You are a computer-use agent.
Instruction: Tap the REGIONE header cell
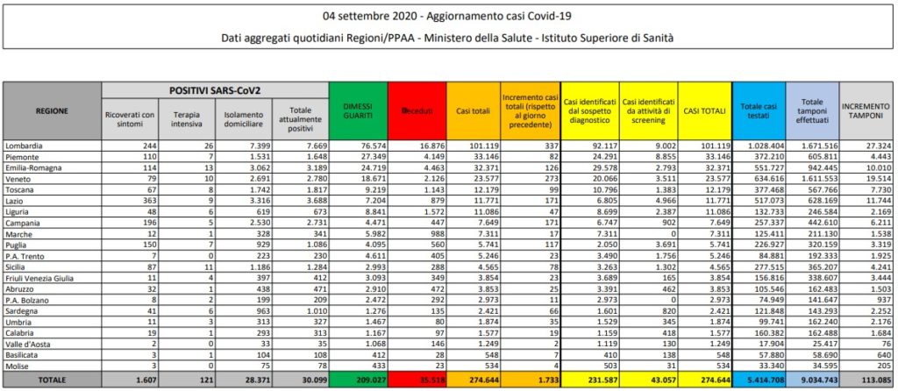tap(53, 110)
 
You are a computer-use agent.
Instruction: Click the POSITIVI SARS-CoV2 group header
tap(214, 90)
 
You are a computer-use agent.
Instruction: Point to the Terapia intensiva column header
tap(186, 118)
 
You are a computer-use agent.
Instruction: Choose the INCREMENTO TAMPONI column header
tap(866, 110)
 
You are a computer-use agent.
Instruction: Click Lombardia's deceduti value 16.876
tap(429, 143)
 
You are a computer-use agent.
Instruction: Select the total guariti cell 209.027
tap(366, 381)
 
